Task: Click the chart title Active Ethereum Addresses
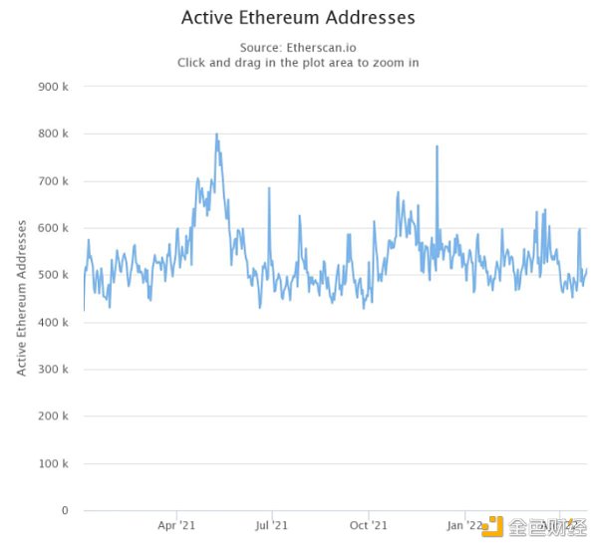coord(298,18)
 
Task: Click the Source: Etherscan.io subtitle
coord(298,47)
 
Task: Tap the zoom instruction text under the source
coord(298,62)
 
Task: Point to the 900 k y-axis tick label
coord(52,87)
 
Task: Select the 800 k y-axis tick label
coord(52,134)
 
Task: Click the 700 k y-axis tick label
coord(52,181)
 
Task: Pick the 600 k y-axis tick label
coord(52,228)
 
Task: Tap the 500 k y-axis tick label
coord(52,275)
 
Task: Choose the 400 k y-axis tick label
coord(52,322)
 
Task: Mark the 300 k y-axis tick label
coord(52,370)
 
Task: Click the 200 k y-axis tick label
coord(52,416)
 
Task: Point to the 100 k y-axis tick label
coord(52,463)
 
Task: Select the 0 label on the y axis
coord(64,511)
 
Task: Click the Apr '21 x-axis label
coord(176,525)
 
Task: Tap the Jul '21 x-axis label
coord(271,525)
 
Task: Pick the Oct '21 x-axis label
coord(369,525)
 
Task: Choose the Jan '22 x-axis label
coord(465,525)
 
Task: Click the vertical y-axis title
coord(22,299)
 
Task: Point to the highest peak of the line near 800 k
coord(216,135)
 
